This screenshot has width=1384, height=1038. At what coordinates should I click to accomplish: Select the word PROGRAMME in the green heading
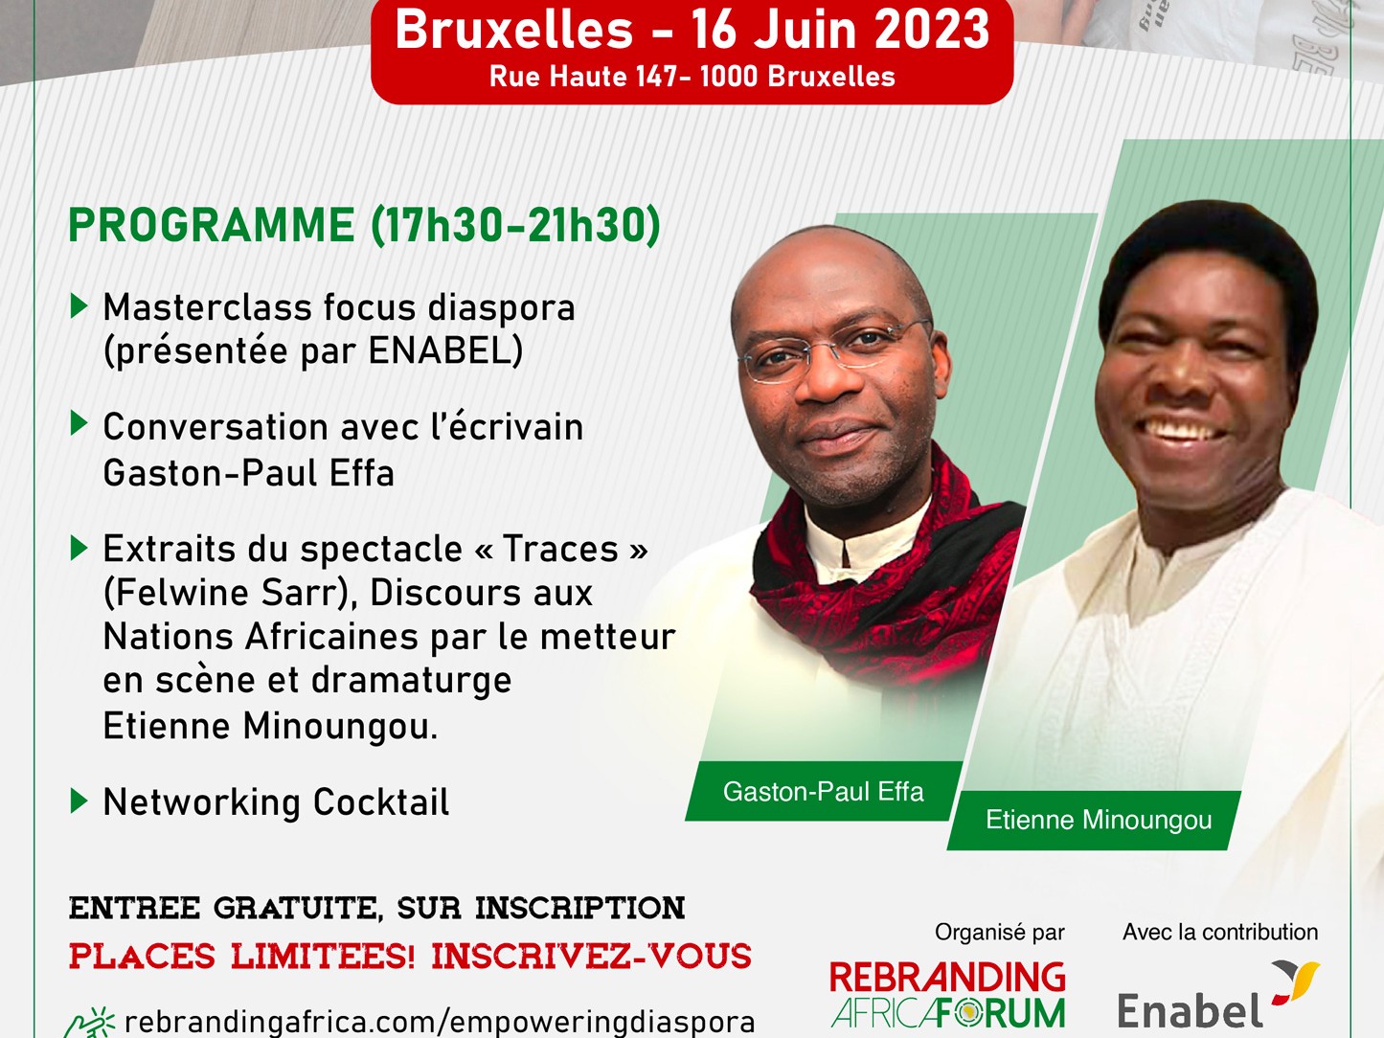212,225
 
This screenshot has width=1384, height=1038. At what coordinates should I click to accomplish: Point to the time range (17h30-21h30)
516,226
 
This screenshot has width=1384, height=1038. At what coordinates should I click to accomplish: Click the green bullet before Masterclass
79,305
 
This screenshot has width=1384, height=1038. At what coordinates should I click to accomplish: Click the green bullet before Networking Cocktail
79,801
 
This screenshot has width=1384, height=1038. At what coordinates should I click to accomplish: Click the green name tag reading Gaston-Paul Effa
823,792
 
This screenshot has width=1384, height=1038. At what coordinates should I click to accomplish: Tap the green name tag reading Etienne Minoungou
1094,820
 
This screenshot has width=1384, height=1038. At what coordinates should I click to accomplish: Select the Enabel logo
1218,995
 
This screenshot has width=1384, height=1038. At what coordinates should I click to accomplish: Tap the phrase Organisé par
1000,932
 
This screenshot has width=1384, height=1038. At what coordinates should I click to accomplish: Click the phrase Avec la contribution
1220,932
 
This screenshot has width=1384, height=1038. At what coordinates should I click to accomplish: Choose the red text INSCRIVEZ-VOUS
591,956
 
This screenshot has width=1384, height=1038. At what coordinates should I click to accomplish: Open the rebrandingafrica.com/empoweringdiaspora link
440,1022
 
